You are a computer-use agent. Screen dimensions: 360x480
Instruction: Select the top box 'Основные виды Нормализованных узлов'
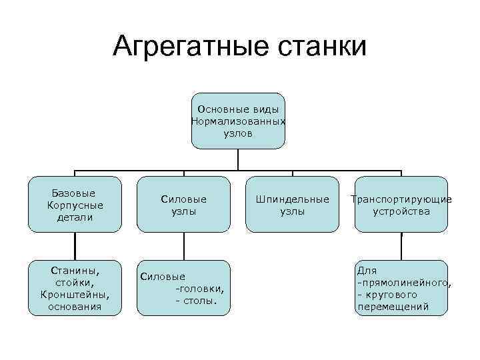coord(238,121)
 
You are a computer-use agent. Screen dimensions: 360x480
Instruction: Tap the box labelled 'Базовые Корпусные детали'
coord(75,204)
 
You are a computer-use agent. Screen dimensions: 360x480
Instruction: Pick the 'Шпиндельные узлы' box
coord(292,204)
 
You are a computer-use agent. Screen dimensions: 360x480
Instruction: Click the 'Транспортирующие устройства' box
coord(401,204)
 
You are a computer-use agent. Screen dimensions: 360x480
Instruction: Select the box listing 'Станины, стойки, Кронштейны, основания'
coord(75,288)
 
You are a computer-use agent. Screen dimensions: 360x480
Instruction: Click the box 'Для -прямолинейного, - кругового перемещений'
coord(401,288)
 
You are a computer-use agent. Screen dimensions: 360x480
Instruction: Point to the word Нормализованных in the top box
coord(238,121)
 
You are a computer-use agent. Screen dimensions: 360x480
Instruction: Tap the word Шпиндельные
coord(292,199)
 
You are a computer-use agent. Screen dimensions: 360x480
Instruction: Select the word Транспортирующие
coord(401,199)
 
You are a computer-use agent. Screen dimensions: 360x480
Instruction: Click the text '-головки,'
coord(199,289)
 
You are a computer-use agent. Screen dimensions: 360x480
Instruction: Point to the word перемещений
coord(393,307)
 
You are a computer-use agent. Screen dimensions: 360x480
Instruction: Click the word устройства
coord(401,211)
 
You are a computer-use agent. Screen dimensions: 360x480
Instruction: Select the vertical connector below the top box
coord(238,159)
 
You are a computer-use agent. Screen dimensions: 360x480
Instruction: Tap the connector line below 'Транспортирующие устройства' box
coord(401,246)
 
